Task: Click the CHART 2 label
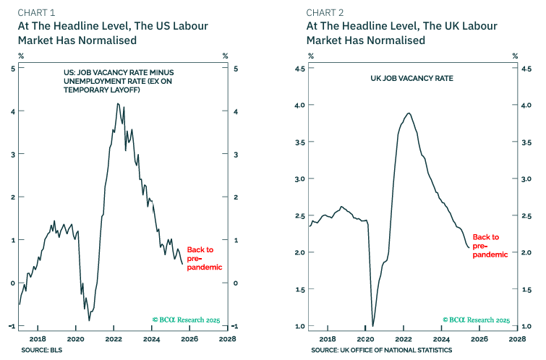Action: [325, 12]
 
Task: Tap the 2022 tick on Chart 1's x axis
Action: [114, 338]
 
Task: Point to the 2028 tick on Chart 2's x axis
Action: [516, 338]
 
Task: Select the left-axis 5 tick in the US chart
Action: [22, 69]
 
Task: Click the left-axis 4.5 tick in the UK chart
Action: [314, 69]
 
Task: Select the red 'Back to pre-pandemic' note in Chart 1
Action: [200, 257]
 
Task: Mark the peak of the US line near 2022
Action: [118, 103]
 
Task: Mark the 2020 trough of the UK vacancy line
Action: [372, 325]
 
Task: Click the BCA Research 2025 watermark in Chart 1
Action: [187, 319]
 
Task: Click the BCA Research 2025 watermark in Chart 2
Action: [477, 319]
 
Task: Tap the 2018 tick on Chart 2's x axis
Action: [328, 338]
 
